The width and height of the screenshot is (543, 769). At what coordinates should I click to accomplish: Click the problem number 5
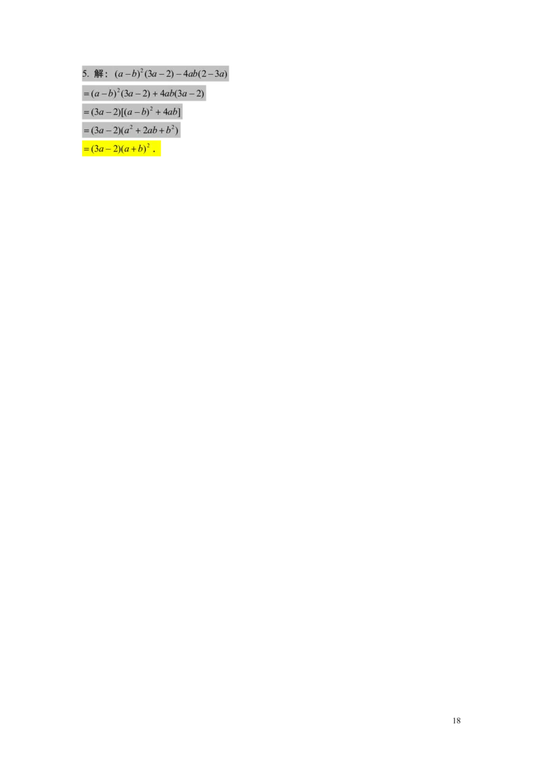coord(84,74)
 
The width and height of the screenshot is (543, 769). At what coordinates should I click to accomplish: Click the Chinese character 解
coord(99,74)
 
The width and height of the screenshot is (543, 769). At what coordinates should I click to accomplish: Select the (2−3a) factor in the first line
coord(212,74)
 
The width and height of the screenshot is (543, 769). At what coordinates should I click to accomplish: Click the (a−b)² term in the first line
coord(128,74)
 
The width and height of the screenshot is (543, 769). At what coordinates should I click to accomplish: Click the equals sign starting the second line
coord(86,94)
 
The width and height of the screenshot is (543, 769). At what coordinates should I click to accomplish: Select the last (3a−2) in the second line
coord(190,94)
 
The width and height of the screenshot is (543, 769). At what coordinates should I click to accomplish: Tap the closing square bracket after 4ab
coord(179,112)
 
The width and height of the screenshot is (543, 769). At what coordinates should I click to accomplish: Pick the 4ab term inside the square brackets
coord(169,112)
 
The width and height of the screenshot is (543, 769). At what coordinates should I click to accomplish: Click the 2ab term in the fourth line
coord(150,130)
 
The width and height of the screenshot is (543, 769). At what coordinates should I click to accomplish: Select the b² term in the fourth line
coord(172,130)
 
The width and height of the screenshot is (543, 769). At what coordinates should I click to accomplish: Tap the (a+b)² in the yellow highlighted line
coord(136,149)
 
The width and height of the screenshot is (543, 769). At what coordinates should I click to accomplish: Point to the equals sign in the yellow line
coord(86,149)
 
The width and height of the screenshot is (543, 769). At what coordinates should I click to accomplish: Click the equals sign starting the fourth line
coord(86,130)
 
